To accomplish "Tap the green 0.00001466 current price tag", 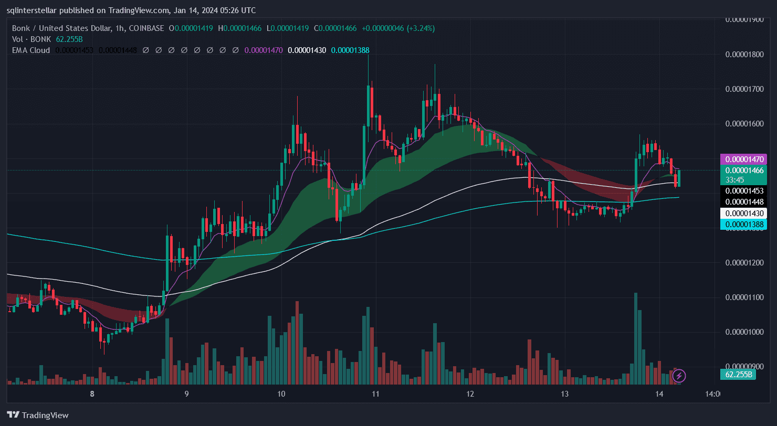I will [x=745, y=171].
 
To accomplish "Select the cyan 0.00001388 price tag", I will [x=745, y=225].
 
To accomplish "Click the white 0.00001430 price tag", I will [x=745, y=214].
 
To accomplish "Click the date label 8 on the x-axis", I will [x=92, y=394].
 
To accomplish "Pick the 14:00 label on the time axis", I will [x=712, y=394].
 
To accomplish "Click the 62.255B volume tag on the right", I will [x=739, y=375].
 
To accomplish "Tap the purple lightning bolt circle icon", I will [x=679, y=376].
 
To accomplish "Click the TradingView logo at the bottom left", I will [x=38, y=415].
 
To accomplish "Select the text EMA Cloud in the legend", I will [x=31, y=50].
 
